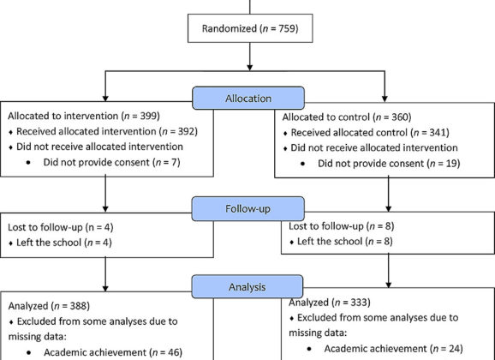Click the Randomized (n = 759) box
tap(250, 28)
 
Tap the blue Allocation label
tap(248, 99)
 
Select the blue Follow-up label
tap(248, 208)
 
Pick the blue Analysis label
tap(247, 286)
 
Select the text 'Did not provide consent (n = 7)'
tap(111, 163)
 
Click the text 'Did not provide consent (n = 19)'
tap(389, 164)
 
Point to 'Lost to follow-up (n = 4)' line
tap(61, 227)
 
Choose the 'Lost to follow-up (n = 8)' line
tap(342, 226)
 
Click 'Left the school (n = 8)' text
tap(345, 242)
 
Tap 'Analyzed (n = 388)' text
tap(49, 306)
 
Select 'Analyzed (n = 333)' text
tap(330, 303)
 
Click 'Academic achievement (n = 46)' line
tap(113, 352)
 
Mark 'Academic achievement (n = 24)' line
tap(393, 349)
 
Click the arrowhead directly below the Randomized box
tap(250, 68)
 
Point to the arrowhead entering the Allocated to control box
tap(385, 99)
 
